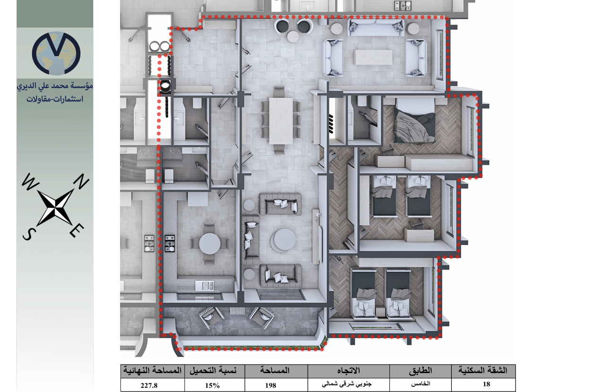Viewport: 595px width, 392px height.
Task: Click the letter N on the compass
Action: pyautogui.click(x=81, y=181)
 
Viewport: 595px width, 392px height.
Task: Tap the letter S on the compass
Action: pyautogui.click(x=29, y=234)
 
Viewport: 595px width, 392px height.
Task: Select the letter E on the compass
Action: pyautogui.click(x=77, y=230)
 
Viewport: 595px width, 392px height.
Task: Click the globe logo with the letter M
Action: pyautogui.click(x=56, y=53)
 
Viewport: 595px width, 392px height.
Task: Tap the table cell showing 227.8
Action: pyautogui.click(x=152, y=385)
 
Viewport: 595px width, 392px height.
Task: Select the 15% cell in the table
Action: pyautogui.click(x=215, y=385)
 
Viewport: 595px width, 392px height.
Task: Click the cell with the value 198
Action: pyautogui.click(x=276, y=385)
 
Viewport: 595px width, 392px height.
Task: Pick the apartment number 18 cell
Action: pyautogui.click(x=483, y=384)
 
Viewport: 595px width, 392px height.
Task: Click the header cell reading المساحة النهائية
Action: pyautogui.click(x=152, y=371)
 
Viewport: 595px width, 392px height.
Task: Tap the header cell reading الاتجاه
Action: pyautogui.click(x=348, y=371)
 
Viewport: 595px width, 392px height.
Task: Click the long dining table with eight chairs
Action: pyautogui.click(x=281, y=120)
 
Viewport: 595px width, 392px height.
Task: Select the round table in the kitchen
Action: pyautogui.click(x=209, y=244)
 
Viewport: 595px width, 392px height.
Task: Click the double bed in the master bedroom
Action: pyautogui.click(x=414, y=121)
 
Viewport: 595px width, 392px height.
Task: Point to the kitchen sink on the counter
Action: pyautogui.click(x=205, y=286)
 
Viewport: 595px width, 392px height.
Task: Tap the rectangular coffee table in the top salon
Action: pyautogui.click(x=374, y=57)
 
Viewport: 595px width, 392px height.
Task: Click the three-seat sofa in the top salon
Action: pyautogui.click(x=376, y=27)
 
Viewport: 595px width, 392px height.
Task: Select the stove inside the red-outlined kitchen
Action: pyautogui.click(x=170, y=243)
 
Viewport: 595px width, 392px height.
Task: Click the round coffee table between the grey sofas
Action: pyautogui.click(x=285, y=239)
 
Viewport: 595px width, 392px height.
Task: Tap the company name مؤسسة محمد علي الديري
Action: pyautogui.click(x=55, y=86)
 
